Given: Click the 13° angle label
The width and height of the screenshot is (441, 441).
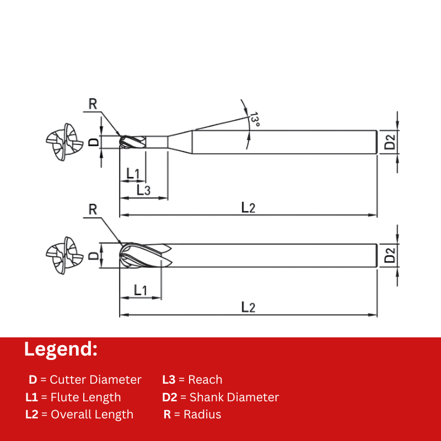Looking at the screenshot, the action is tap(255, 119).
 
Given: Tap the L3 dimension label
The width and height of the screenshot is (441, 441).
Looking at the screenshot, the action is tap(143, 190).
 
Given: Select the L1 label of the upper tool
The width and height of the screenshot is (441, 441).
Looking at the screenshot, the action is tap(133, 174).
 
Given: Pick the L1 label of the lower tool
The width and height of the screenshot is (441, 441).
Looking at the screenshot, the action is tap(141, 290).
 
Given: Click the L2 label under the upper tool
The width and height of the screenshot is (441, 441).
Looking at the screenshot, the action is tap(249, 208).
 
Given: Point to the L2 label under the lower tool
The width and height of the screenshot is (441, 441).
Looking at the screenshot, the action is tap(249, 307).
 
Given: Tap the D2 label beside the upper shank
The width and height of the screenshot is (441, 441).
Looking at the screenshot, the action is tap(390, 142).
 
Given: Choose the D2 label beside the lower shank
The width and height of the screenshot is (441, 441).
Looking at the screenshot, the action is tap(390, 255).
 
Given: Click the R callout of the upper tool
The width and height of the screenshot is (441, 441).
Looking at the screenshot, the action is tap(93, 104).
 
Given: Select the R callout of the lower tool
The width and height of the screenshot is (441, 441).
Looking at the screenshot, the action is tap(93, 209).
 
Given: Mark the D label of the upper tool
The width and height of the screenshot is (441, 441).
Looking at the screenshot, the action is tap(94, 142).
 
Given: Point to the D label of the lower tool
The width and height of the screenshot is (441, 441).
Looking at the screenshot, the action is tap(94, 255).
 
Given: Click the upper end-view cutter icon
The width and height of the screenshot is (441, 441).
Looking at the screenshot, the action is tap(64, 142).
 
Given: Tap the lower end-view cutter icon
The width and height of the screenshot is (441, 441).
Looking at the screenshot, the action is tap(64, 255).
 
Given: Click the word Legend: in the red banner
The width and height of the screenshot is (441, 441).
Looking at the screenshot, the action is tap(61, 349).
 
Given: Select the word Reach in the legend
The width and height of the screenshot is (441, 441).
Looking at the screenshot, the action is tap(205, 380).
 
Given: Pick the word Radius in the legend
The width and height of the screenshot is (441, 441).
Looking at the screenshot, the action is tap(202, 415).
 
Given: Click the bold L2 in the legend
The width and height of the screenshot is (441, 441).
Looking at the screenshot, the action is tap(32, 415).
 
